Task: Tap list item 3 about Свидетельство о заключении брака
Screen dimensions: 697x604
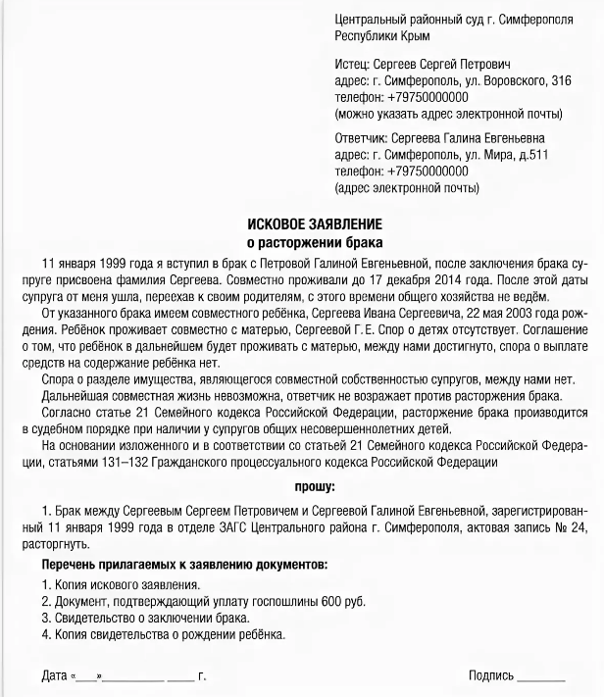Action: click(146, 619)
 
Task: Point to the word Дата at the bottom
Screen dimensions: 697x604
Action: click(55, 676)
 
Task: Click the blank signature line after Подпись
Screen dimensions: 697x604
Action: click(541, 678)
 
